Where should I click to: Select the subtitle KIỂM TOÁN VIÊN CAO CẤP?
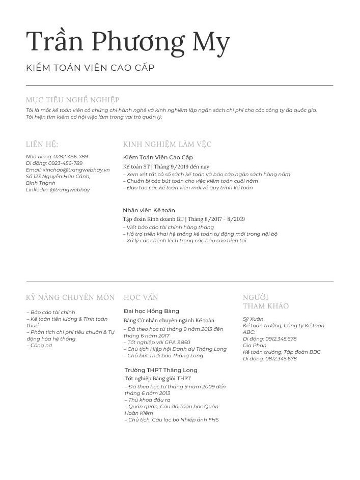90,68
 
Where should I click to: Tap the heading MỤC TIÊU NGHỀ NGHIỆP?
73,100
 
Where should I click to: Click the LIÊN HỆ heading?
42,144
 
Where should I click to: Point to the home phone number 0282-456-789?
71,157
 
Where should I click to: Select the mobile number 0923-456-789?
65,163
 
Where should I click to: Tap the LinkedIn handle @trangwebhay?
70,190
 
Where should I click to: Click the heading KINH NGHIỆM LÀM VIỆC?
167,144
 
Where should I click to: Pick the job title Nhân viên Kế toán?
149,210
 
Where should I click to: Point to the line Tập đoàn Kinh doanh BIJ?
153,219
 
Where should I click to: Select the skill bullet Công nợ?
41,346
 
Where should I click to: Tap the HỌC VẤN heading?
141,297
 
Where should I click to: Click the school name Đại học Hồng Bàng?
151,311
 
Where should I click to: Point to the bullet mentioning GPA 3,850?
158,343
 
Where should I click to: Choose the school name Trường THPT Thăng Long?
161,370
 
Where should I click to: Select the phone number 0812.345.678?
278,359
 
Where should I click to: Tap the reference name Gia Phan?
252,346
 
